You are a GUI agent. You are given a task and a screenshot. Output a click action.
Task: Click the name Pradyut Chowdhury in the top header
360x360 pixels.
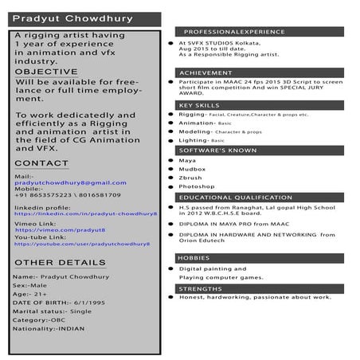click(x=61, y=18)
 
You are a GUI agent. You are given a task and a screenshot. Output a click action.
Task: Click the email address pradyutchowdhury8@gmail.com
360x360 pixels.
click(x=70, y=182)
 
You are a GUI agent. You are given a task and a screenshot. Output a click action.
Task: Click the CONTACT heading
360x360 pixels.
click(x=41, y=163)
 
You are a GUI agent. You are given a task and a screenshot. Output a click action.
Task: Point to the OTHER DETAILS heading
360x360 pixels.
click(x=60, y=262)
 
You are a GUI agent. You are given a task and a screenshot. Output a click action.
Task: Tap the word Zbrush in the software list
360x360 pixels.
click(x=190, y=178)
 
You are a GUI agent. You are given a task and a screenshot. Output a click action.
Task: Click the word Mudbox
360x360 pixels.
click(x=191, y=169)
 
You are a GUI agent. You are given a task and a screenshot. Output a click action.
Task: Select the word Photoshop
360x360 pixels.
click(x=197, y=186)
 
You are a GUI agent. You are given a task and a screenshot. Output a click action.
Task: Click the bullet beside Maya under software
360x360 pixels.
click(x=170, y=160)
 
